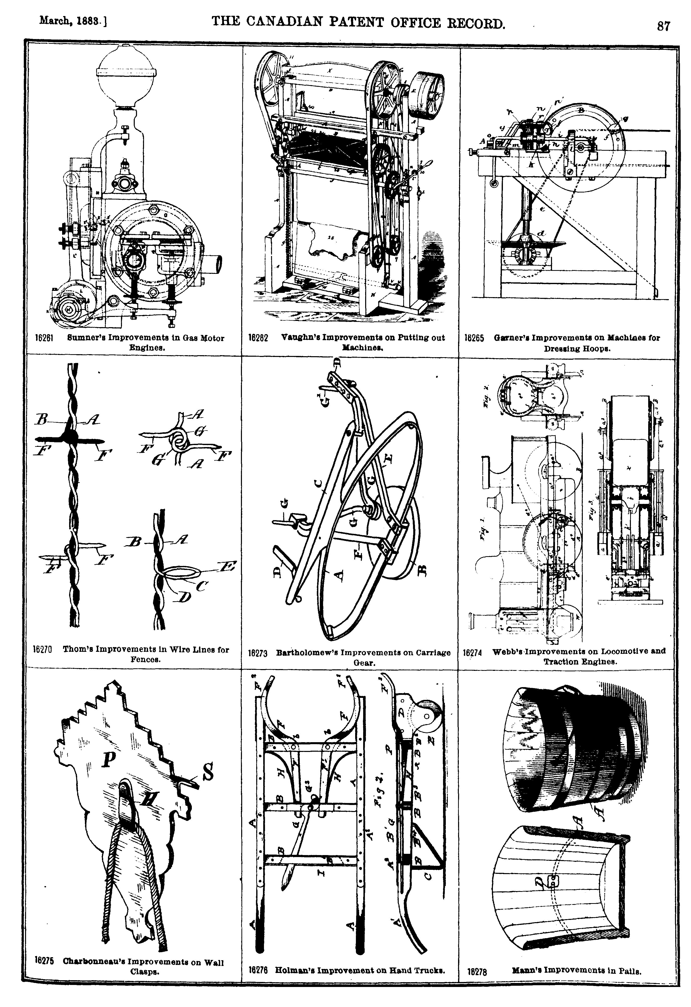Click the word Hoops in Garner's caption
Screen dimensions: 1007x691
(x=599, y=349)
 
